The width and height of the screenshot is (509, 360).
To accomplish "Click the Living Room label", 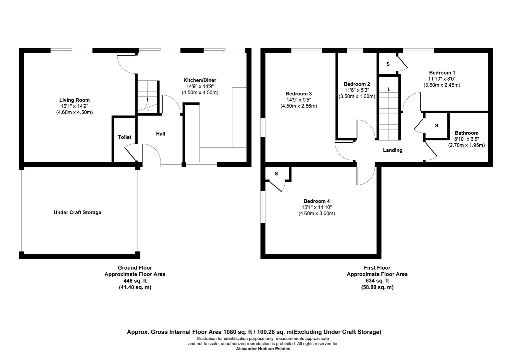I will pyautogui.click(x=74, y=100).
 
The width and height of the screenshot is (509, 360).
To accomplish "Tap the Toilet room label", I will pyautogui.click(x=125, y=137).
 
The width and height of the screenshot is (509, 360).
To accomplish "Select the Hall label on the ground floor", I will pyautogui.click(x=161, y=134).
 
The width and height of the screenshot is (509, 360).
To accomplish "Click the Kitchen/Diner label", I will pyautogui.click(x=200, y=80).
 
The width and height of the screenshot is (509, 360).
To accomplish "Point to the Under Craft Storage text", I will pyautogui.click(x=77, y=212).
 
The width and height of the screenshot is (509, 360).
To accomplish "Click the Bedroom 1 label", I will pyautogui.click(x=442, y=73).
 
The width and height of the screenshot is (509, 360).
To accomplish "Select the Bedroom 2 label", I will pyautogui.click(x=357, y=84).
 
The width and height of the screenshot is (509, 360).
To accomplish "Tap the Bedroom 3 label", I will pyautogui.click(x=298, y=94).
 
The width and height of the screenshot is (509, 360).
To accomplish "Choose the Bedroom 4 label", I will pyautogui.click(x=316, y=201).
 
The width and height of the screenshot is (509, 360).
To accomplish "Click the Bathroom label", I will pyautogui.click(x=466, y=133).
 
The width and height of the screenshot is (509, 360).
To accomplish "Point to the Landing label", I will pyautogui.click(x=392, y=150).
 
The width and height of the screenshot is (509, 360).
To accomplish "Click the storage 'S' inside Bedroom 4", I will pyautogui.click(x=276, y=174).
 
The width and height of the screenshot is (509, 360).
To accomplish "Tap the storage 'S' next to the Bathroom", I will pyautogui.click(x=436, y=126).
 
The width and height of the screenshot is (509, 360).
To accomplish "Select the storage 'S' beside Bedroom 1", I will pyautogui.click(x=388, y=64).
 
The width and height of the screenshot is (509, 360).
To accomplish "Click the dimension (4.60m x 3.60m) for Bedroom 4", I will pyautogui.click(x=316, y=213).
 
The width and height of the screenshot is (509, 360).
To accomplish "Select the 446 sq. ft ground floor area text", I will pyautogui.click(x=135, y=281).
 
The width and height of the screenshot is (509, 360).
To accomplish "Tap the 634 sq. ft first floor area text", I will pyautogui.click(x=377, y=281).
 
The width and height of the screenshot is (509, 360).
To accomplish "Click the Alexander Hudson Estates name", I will pyautogui.click(x=263, y=349).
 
